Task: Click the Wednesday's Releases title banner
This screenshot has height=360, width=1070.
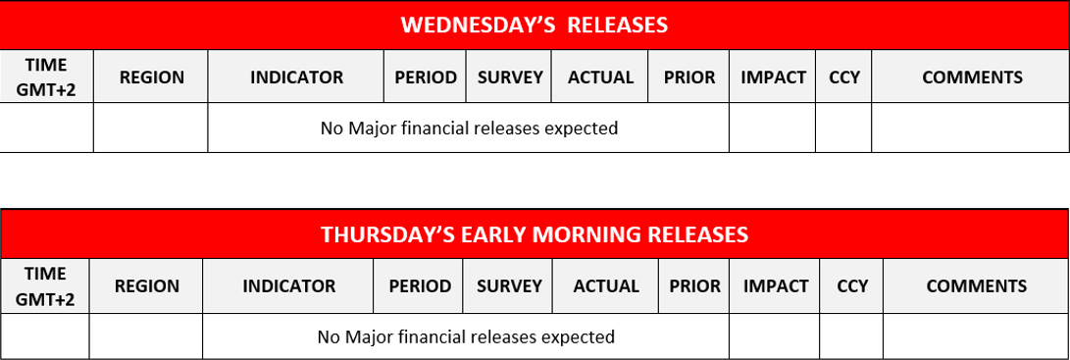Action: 535,26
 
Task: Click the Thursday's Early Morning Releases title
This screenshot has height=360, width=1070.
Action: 535,234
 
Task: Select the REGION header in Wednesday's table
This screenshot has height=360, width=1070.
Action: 151,77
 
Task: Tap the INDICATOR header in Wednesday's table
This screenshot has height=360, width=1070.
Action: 296,77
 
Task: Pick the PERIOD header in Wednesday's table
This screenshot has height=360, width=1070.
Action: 426,77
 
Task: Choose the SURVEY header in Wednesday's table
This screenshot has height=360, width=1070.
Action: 510,77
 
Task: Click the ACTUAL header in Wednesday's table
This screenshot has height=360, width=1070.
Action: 600,77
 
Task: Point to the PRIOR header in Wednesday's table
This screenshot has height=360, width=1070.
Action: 689,77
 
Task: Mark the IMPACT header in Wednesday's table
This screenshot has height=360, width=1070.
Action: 773,77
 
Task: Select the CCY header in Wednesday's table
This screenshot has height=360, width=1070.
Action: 844,77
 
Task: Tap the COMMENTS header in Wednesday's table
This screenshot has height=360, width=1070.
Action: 972,77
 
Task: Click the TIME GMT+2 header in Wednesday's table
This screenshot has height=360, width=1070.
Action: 46,77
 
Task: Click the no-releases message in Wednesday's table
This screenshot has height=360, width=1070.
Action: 469,128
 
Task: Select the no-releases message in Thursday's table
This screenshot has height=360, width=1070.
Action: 466,336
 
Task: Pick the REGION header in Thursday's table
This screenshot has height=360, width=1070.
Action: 147,286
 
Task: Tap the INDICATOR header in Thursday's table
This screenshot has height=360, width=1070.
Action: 288,286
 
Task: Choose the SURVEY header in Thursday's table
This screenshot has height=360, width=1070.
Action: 509,286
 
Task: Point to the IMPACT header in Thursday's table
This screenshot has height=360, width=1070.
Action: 775,286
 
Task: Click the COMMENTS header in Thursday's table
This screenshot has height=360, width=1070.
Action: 976,286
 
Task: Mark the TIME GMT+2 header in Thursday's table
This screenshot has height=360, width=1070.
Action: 45,285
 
